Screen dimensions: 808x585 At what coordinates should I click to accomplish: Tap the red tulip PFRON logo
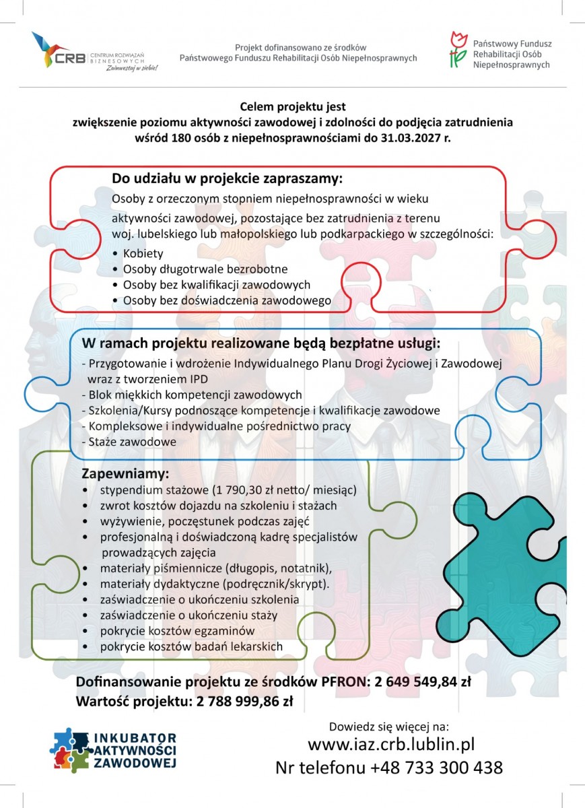458,49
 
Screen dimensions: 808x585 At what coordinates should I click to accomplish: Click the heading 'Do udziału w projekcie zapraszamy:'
227,179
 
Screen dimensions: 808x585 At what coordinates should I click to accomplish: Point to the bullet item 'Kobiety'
143,254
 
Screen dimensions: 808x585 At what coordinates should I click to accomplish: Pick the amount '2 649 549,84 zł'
418,681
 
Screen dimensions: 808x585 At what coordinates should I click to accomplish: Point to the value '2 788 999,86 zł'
245,701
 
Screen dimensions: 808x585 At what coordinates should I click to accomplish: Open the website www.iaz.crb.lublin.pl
391,744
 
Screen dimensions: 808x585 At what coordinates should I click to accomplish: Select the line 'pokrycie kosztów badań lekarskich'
191,646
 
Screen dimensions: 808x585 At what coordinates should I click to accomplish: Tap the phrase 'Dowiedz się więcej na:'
388,727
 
